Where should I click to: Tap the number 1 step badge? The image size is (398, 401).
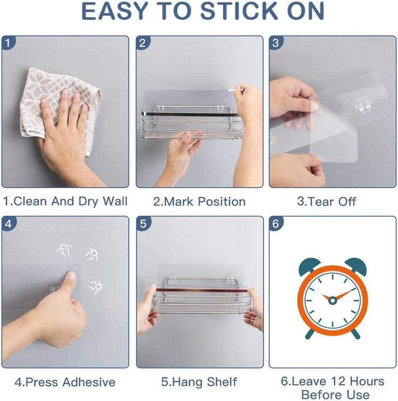(8, 43)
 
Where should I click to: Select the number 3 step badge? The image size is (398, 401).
(275, 43)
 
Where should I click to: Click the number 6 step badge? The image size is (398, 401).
(275, 223)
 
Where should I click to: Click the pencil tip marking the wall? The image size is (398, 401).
(228, 90)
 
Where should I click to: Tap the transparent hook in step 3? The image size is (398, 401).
(363, 105)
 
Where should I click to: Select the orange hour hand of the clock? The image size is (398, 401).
(327, 298)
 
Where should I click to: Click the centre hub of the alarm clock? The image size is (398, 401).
(332, 300)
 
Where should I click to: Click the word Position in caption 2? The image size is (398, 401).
(222, 202)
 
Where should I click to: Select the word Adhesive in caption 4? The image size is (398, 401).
(89, 382)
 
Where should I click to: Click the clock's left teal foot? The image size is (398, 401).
(310, 334)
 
